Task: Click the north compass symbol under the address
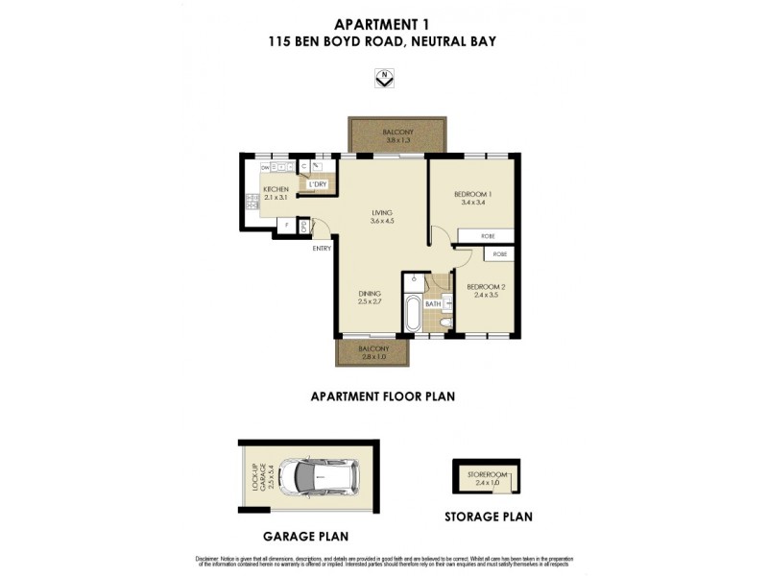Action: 384,79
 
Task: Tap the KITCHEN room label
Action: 276,190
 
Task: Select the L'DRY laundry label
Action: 318,184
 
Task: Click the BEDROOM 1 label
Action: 473,195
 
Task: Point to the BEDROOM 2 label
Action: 485,286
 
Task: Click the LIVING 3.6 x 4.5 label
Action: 382,213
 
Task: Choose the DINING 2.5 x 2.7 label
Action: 371,294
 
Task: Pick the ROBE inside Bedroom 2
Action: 499,254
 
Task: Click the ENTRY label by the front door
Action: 322,249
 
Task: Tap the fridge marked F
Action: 286,227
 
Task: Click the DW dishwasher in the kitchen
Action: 264,167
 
